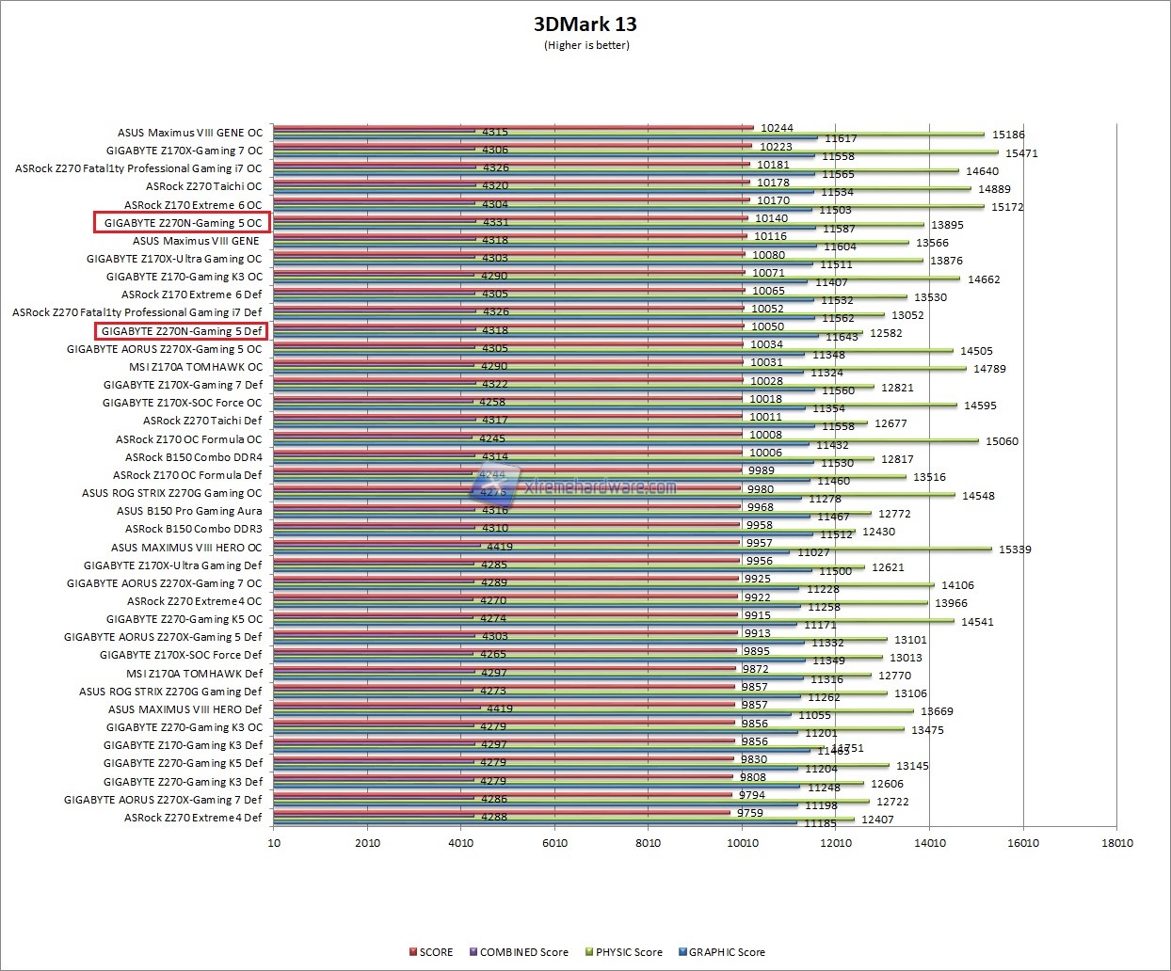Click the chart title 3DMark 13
coord(585,24)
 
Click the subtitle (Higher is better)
coord(586,45)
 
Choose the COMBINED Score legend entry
coord(523,952)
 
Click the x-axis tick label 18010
coord(1117,842)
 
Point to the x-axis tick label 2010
coord(367,842)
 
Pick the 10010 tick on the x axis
coord(742,842)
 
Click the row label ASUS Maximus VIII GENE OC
coord(190,133)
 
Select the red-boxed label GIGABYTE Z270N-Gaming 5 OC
coord(183,223)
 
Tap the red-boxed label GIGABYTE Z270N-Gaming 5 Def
coord(182,331)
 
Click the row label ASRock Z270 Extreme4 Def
coord(193,818)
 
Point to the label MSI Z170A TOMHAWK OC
coord(196,367)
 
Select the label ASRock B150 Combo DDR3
coord(194,529)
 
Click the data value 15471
coord(1021,153)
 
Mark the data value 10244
coord(777,128)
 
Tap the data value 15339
coord(1015,549)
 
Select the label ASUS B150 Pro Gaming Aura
coord(189,511)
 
